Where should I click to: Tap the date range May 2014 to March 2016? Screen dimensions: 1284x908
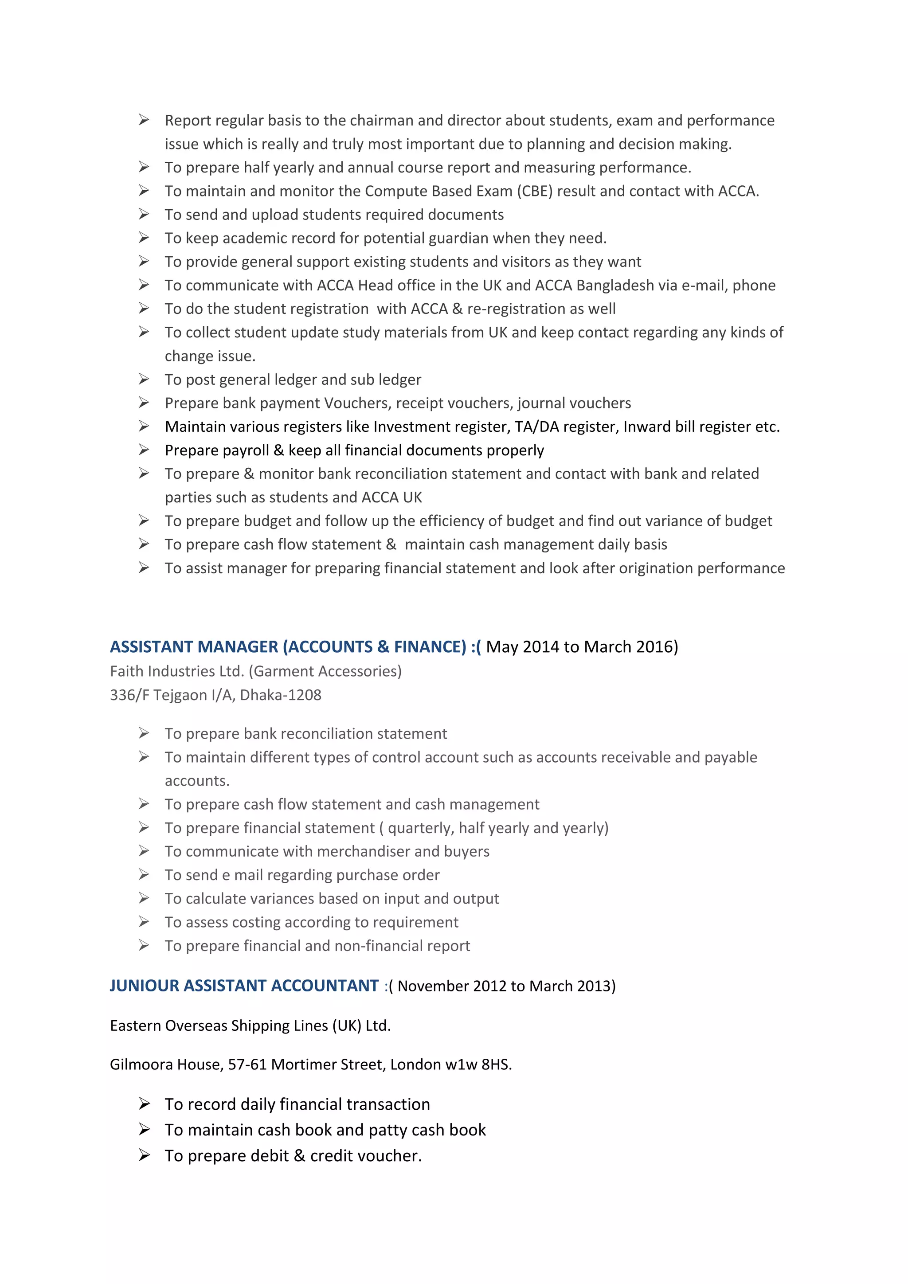point(582,646)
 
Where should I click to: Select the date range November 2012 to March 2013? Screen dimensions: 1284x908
point(506,986)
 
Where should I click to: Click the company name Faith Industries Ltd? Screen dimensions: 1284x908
point(177,671)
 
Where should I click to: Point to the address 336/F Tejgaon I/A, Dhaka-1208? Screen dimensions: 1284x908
point(215,695)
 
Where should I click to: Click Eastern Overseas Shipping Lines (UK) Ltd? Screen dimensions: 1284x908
point(250,1026)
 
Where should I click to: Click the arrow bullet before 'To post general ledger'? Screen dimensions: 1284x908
point(144,379)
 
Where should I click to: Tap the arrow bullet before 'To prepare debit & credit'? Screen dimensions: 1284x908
point(144,1155)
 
